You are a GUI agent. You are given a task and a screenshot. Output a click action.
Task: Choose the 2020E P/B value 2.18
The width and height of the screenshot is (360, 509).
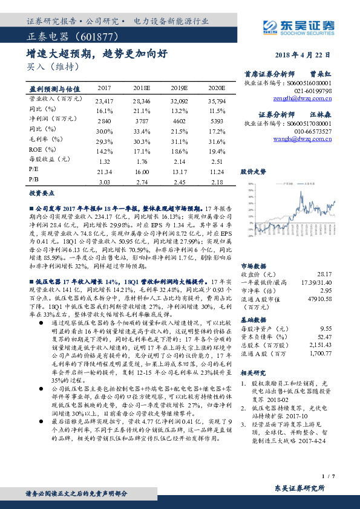click(217, 181)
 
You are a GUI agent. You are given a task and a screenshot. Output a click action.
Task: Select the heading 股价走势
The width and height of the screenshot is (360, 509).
click(254, 172)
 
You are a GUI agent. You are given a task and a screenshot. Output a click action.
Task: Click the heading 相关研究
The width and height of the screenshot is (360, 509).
click(254, 373)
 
